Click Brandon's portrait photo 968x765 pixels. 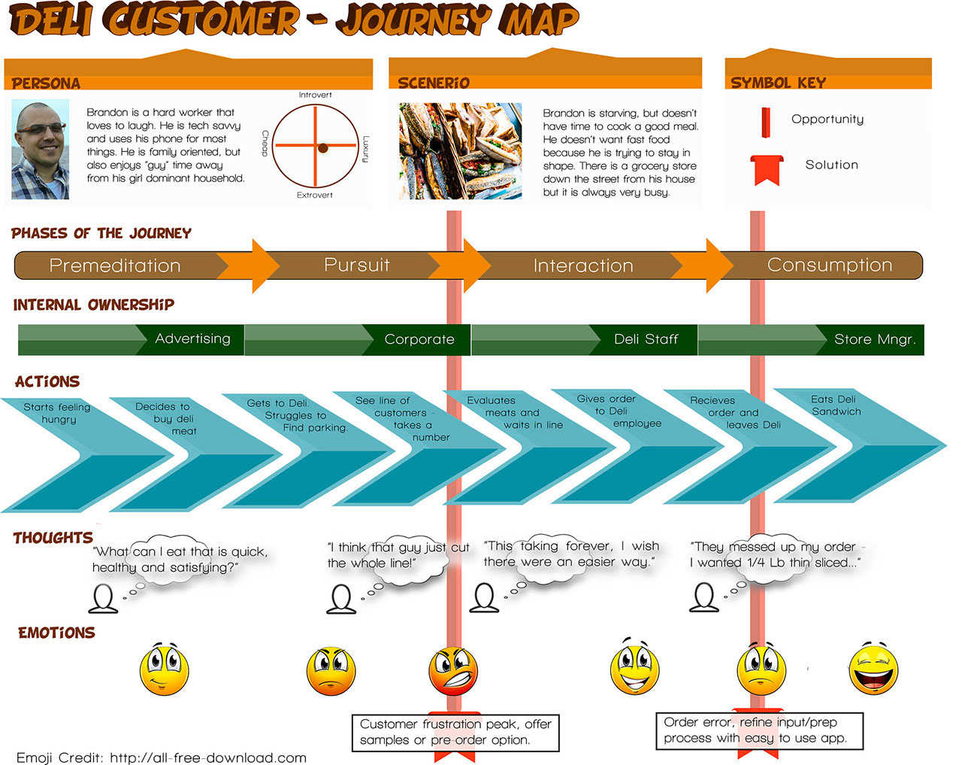pos(40,150)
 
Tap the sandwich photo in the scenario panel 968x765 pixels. pos(460,150)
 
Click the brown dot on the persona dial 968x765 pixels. pos(322,148)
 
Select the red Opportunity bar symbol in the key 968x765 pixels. pos(765,123)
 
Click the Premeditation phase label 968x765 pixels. pos(115,266)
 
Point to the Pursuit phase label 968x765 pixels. pos(356,265)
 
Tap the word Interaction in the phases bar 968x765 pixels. pos(583,266)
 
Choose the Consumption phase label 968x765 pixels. pos(829,265)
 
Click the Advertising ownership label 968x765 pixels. pos(192,338)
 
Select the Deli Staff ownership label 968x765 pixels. pos(646,339)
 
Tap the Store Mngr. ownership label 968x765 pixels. pos(875,339)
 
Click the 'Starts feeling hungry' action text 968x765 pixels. pos(57,413)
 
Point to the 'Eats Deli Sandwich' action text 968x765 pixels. pos(836,405)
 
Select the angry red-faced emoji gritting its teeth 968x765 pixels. pos(453,670)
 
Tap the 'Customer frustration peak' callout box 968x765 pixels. pos(455,732)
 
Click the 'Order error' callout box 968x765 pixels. pos(759,730)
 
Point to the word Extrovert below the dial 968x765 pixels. pos(314,195)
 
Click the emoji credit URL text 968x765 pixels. pos(208,757)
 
